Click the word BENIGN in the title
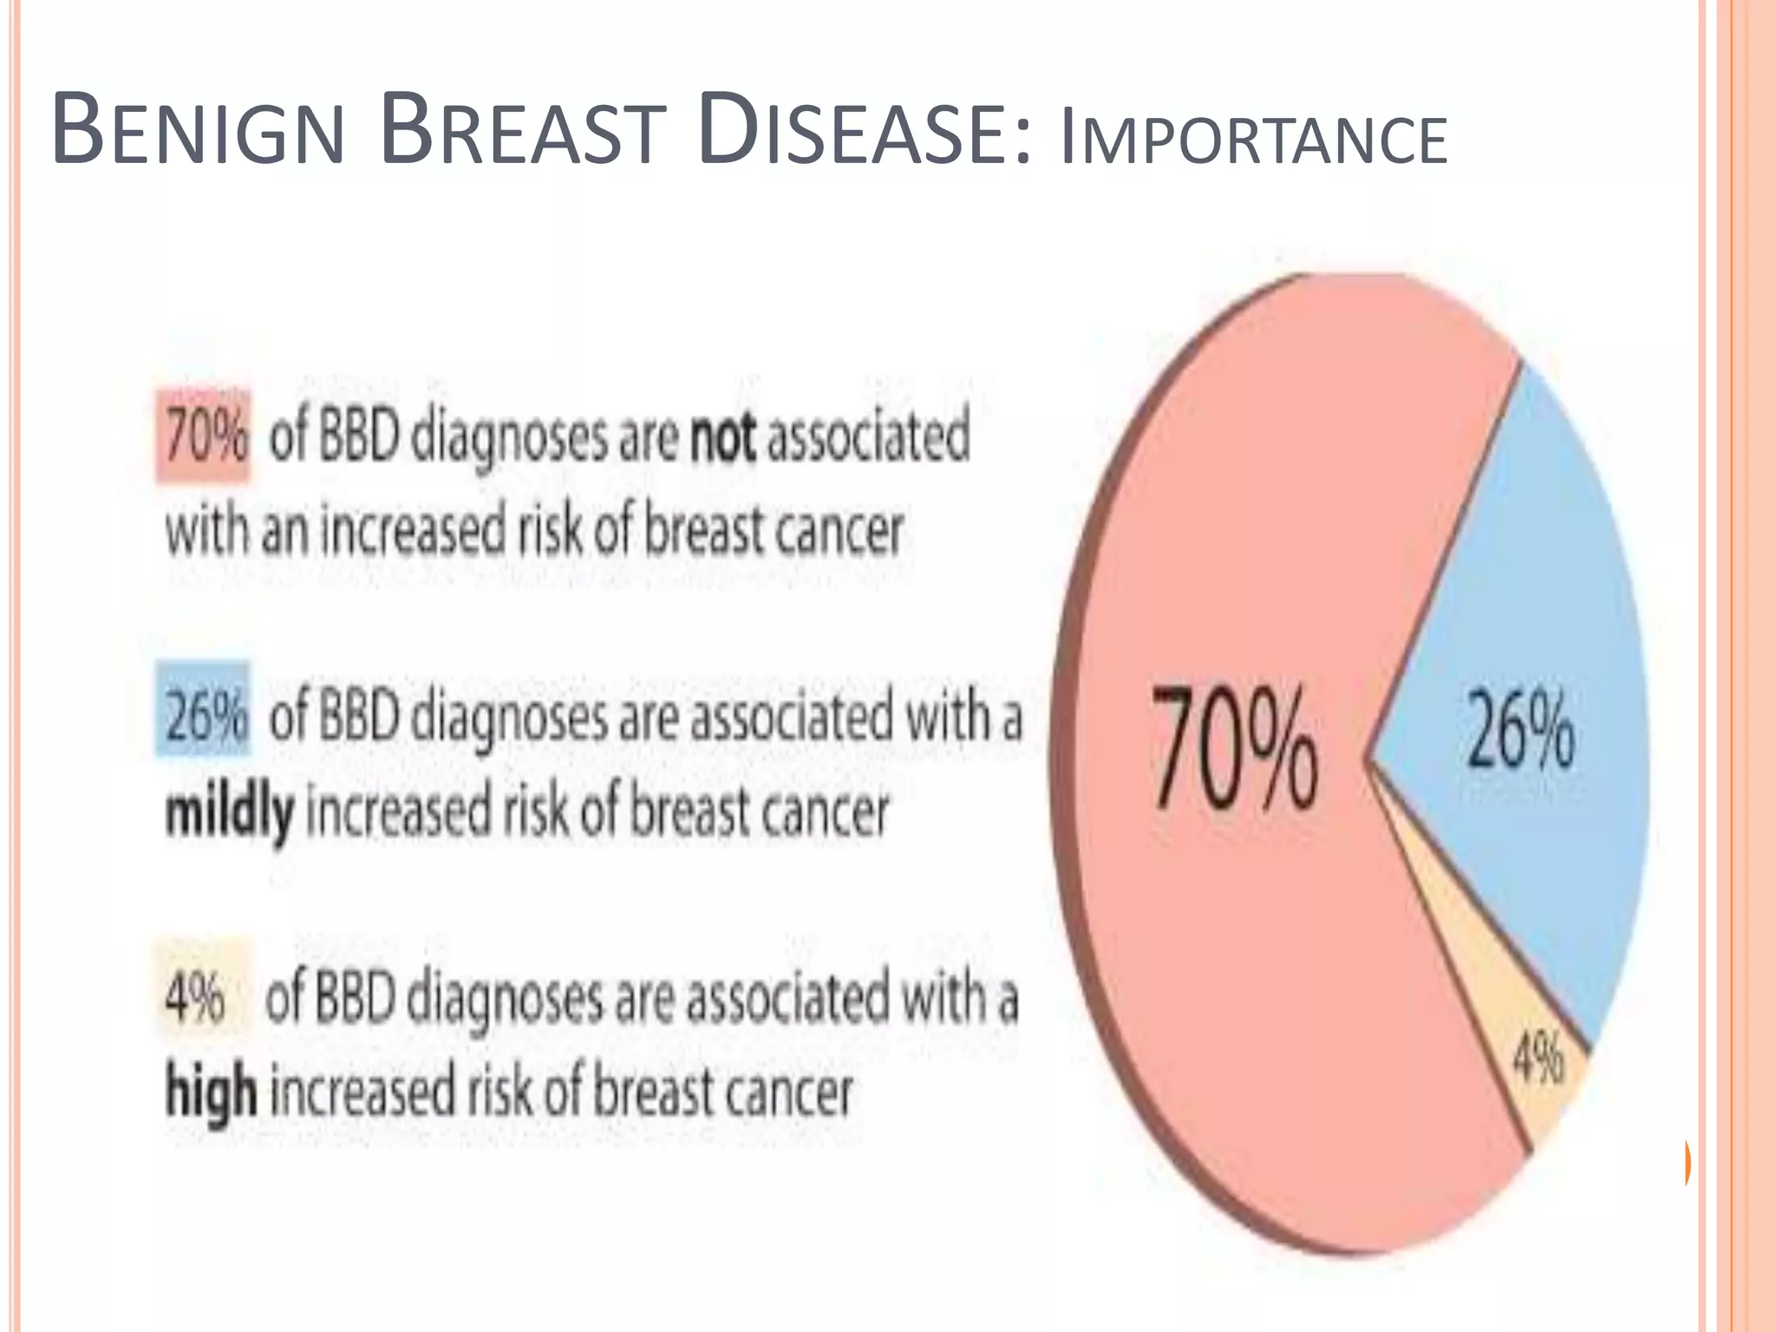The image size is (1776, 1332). coord(198,132)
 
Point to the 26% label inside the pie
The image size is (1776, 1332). coord(1520,729)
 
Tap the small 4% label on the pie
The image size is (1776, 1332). coord(1538,1059)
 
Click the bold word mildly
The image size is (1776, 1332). coord(229,813)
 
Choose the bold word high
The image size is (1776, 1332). coord(211,1092)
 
